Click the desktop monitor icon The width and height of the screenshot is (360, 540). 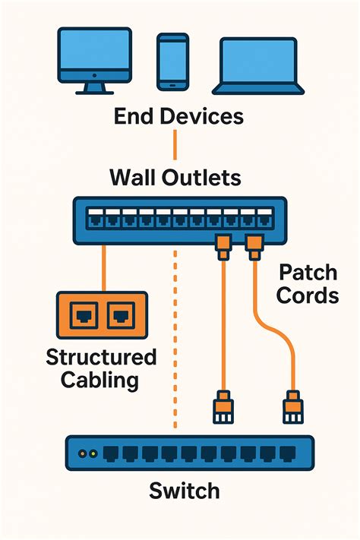tap(93, 62)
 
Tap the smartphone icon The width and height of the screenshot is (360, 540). tap(172, 61)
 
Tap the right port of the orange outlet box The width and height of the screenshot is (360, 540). tap(118, 314)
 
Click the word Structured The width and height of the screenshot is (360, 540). tap(101, 357)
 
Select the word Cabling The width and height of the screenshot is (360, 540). tap(101, 380)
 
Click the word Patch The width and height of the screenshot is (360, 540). tap(308, 271)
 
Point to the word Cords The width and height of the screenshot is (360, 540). tap(308, 295)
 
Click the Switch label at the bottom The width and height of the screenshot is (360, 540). tap(185, 490)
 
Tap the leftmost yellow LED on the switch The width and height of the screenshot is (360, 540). tap(84, 453)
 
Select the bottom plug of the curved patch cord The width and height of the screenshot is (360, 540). tap(292, 407)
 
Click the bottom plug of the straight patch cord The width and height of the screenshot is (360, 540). tap(223, 407)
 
